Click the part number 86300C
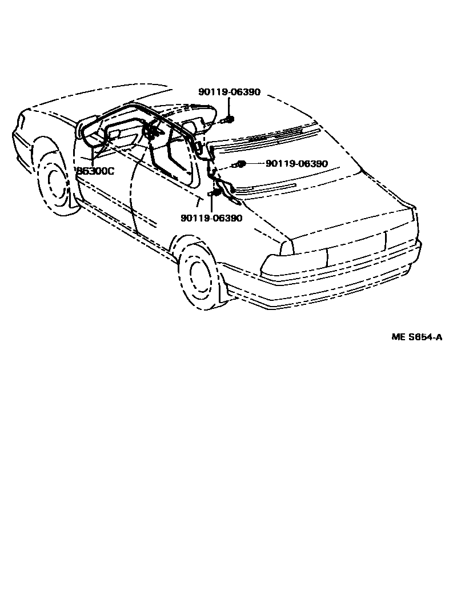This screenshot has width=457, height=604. [x=96, y=170]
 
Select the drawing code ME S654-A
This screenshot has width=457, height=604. [x=416, y=337]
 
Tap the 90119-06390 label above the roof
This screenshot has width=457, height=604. [x=229, y=92]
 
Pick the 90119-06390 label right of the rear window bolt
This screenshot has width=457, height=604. [x=296, y=164]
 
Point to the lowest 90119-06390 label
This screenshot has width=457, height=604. [x=211, y=218]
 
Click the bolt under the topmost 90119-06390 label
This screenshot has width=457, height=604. [x=230, y=119]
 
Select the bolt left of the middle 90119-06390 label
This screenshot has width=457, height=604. [x=240, y=164]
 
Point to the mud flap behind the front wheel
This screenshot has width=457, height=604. [x=72, y=203]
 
